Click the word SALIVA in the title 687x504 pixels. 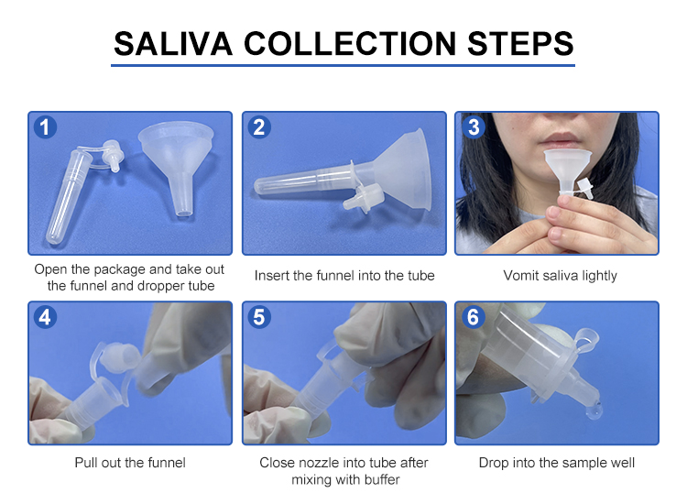point(172,44)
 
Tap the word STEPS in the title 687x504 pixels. point(520,44)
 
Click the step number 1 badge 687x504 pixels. point(45,127)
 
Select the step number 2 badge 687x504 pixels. point(259,127)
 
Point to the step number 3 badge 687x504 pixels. point(474,127)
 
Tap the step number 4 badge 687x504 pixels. point(45,317)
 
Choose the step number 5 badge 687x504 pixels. point(259,317)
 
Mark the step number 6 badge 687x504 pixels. point(474,317)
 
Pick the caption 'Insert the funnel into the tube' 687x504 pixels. point(344,276)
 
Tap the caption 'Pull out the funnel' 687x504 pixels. point(130,463)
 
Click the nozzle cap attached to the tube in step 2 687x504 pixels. point(364,197)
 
